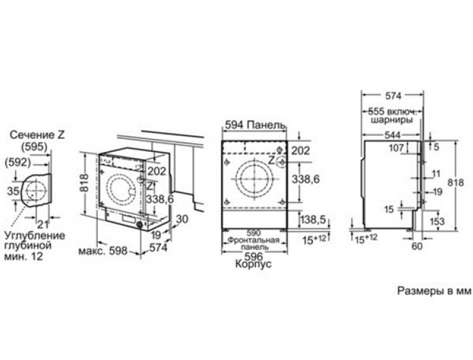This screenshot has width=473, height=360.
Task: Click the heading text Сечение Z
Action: click(37, 135)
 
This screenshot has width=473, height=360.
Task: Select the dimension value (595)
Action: click(35, 147)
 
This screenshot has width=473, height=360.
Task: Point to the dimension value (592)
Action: click(18, 163)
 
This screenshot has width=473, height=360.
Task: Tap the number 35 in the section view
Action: click(14, 191)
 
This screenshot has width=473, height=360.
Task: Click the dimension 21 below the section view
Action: click(43, 224)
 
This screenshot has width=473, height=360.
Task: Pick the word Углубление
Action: click(35, 235)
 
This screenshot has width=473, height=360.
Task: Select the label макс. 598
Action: click(103, 250)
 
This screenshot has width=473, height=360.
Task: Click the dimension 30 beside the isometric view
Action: click(182, 219)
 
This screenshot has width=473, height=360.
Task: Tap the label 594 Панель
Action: click(255, 125)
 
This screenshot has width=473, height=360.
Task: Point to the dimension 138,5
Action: click(313, 220)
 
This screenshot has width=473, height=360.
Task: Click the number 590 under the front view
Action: click(253, 233)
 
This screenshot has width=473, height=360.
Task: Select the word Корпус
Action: click(253, 264)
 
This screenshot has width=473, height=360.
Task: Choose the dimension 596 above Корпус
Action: click(254, 256)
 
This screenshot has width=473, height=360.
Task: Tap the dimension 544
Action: click(392, 136)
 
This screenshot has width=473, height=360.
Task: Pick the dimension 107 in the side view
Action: click(396, 148)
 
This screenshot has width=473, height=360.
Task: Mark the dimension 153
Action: click(437, 222)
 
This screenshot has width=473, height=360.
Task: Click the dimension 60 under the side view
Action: click(417, 246)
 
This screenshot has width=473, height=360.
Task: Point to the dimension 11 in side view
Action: click(436, 174)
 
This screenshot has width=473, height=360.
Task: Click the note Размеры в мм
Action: click(434, 291)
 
